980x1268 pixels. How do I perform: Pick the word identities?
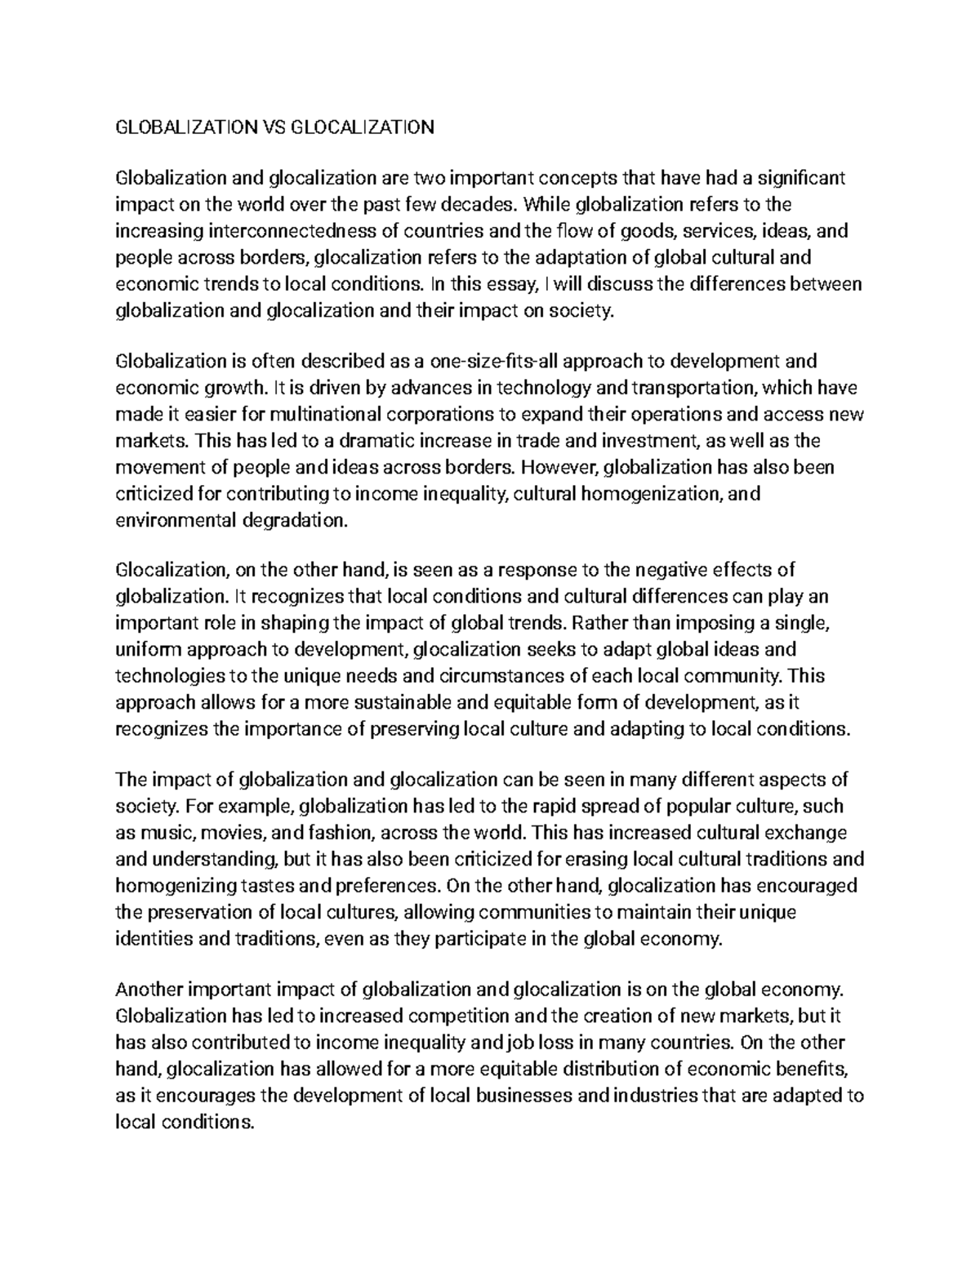coord(154,938)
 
